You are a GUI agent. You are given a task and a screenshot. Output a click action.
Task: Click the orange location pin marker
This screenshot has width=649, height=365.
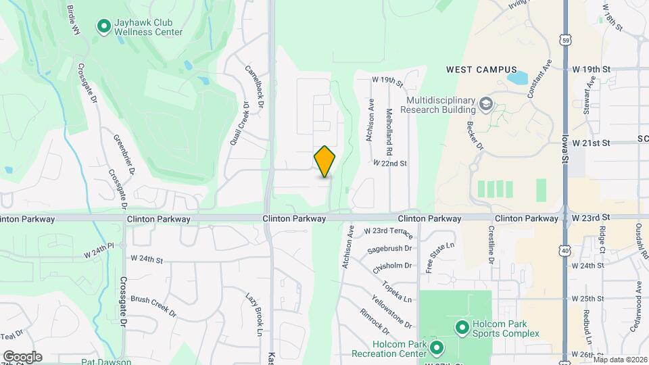(x=325, y=162)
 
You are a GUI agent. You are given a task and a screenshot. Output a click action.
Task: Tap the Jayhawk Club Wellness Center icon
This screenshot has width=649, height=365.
(x=104, y=26)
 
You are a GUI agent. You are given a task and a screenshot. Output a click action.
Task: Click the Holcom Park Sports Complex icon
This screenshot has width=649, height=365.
(x=462, y=328)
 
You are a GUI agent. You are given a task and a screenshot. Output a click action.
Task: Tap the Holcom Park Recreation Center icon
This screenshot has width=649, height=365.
(x=437, y=349)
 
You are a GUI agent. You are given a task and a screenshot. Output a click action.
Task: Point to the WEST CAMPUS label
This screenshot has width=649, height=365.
(x=481, y=70)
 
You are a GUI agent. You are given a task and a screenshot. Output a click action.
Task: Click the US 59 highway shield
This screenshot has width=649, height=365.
(x=565, y=40)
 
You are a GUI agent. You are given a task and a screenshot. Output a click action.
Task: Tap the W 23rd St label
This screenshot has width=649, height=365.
(x=591, y=218)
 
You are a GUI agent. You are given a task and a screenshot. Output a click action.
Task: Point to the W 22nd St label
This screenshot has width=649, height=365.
(x=390, y=163)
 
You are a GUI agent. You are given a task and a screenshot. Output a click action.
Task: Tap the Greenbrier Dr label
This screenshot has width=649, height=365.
(x=129, y=153)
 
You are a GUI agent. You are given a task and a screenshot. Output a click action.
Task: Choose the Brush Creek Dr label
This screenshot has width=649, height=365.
(x=153, y=306)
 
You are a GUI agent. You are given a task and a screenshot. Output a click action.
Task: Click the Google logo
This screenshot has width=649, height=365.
(x=22, y=357)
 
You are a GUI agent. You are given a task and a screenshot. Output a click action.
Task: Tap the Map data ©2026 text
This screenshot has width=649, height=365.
(x=620, y=360)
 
